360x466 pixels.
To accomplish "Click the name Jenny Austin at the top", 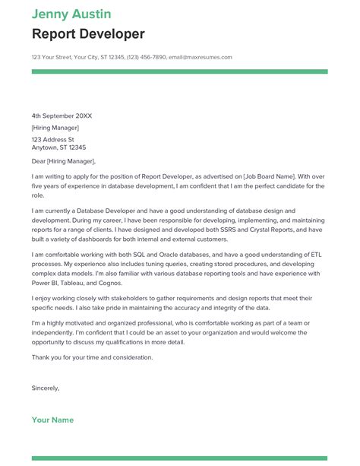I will (71, 14).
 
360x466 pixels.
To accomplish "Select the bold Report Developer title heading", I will (88, 33).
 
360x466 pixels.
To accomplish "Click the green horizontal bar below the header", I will (179, 71).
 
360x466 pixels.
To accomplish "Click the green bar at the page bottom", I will (179, 458).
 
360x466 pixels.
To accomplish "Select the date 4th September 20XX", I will (62, 116).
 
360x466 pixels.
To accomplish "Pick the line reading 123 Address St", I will (53, 140).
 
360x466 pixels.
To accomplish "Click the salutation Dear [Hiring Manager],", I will (64, 161).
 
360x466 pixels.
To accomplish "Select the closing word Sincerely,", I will (46, 388).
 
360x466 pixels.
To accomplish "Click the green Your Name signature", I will (52, 420).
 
